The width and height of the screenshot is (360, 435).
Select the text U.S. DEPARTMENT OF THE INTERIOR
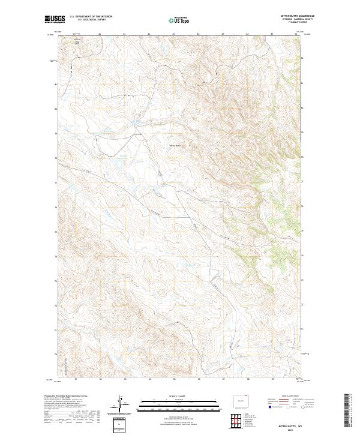pos(91,17)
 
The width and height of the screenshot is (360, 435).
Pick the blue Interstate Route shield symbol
pos(269,406)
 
